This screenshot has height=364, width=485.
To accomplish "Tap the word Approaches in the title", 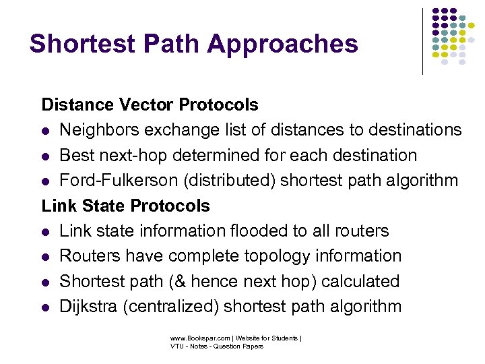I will click(x=283, y=44).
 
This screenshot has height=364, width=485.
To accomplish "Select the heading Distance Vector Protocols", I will click(x=150, y=104).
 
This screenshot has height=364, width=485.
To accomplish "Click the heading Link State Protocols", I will click(x=126, y=205).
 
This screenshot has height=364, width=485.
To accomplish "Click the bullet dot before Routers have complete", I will click(x=46, y=256).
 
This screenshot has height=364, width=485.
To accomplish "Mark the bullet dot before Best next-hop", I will click(x=46, y=156).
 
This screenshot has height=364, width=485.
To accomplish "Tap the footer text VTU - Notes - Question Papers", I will click(x=216, y=346).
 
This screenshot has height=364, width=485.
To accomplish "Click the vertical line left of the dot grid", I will click(x=422, y=40).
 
